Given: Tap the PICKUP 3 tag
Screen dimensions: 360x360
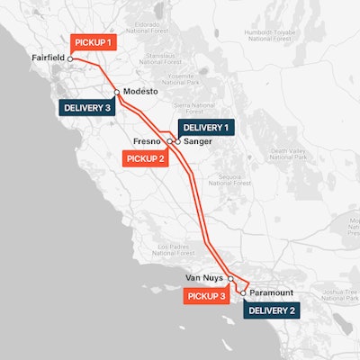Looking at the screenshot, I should click(206, 294).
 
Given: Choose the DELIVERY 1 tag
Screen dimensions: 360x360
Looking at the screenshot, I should click(205, 128).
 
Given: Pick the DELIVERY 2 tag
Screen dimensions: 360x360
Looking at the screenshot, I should click(270, 310).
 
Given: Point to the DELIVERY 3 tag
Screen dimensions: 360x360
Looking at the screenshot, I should click(86, 107).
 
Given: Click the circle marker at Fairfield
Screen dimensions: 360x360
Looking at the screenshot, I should click(71, 59).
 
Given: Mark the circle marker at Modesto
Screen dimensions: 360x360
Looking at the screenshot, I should click(117, 92).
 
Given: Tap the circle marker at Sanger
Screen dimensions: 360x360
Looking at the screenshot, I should click(177, 141).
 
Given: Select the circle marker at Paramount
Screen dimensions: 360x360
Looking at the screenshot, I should click(243, 292).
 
